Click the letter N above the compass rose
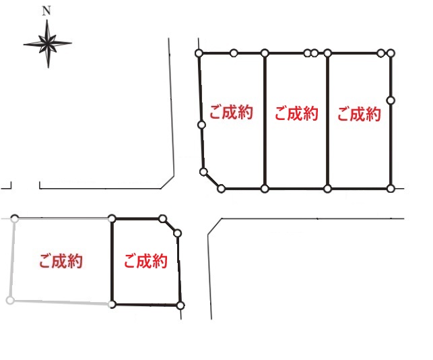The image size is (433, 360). [x=46, y=11]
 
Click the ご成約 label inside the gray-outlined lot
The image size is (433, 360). [x=61, y=261]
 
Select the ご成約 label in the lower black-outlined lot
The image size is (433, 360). [x=145, y=261]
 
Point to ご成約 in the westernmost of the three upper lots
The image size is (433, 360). [x=231, y=113]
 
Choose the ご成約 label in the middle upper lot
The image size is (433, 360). [x=296, y=114]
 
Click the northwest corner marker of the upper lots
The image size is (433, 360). [x=199, y=53]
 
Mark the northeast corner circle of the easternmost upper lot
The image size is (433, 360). [x=391, y=53]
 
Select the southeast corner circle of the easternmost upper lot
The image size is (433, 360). [x=391, y=189]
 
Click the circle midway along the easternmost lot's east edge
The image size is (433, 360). [x=391, y=100]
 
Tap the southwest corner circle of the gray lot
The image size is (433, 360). [x=10, y=300]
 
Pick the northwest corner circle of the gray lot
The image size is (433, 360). [x=15, y=218]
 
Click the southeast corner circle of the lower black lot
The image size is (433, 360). [x=180, y=305]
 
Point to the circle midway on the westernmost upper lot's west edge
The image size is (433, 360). [x=201, y=124]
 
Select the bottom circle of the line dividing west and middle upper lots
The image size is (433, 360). [x=265, y=189]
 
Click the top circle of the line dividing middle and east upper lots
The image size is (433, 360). [x=327, y=53]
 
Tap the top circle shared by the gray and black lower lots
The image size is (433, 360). [x=112, y=218]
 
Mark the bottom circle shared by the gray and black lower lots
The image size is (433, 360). [x=112, y=304]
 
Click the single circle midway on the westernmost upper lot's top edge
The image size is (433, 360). [x=233, y=53]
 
